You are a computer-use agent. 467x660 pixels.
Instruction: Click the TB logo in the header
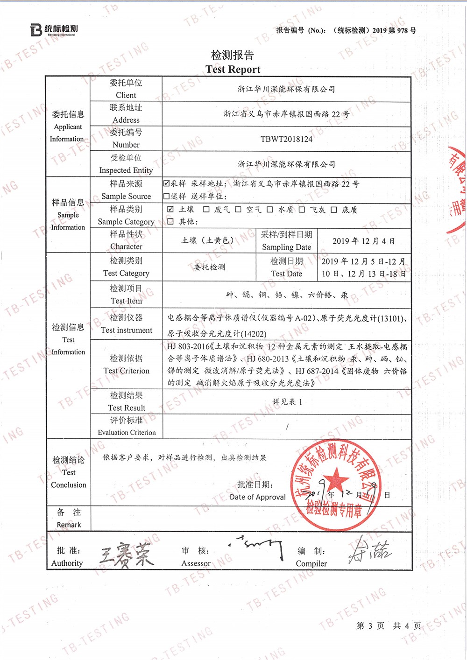pyautogui.click(x=37, y=30)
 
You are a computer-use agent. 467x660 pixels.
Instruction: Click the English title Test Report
pyautogui.click(x=233, y=70)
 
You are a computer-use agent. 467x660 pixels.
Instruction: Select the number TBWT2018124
pyautogui.click(x=286, y=139)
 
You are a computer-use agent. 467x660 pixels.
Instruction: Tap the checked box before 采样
pyautogui.click(x=167, y=183)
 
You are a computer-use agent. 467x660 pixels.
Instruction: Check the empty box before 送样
pyautogui.click(x=167, y=196)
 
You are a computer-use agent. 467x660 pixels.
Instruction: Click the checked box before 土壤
pyautogui.click(x=170, y=209)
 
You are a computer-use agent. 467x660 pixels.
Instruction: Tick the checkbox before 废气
pyautogui.click(x=206, y=210)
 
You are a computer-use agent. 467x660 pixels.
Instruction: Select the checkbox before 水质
pyautogui.click(x=270, y=210)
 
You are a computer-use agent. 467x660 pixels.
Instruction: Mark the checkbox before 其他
pyautogui.click(x=170, y=221)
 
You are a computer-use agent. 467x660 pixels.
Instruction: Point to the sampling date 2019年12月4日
pyautogui.click(x=363, y=241)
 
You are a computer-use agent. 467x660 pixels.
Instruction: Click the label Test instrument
pyautogui.click(x=126, y=330)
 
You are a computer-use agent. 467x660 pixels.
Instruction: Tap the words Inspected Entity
pyautogui.click(x=126, y=170)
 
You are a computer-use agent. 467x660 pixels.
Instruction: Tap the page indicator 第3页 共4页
pyautogui.click(x=388, y=626)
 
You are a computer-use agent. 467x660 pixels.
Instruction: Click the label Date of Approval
pyautogui.click(x=257, y=497)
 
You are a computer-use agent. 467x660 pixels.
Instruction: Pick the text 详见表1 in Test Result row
pyautogui.click(x=287, y=401)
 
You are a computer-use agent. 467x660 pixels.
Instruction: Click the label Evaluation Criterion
pyautogui.click(x=127, y=433)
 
